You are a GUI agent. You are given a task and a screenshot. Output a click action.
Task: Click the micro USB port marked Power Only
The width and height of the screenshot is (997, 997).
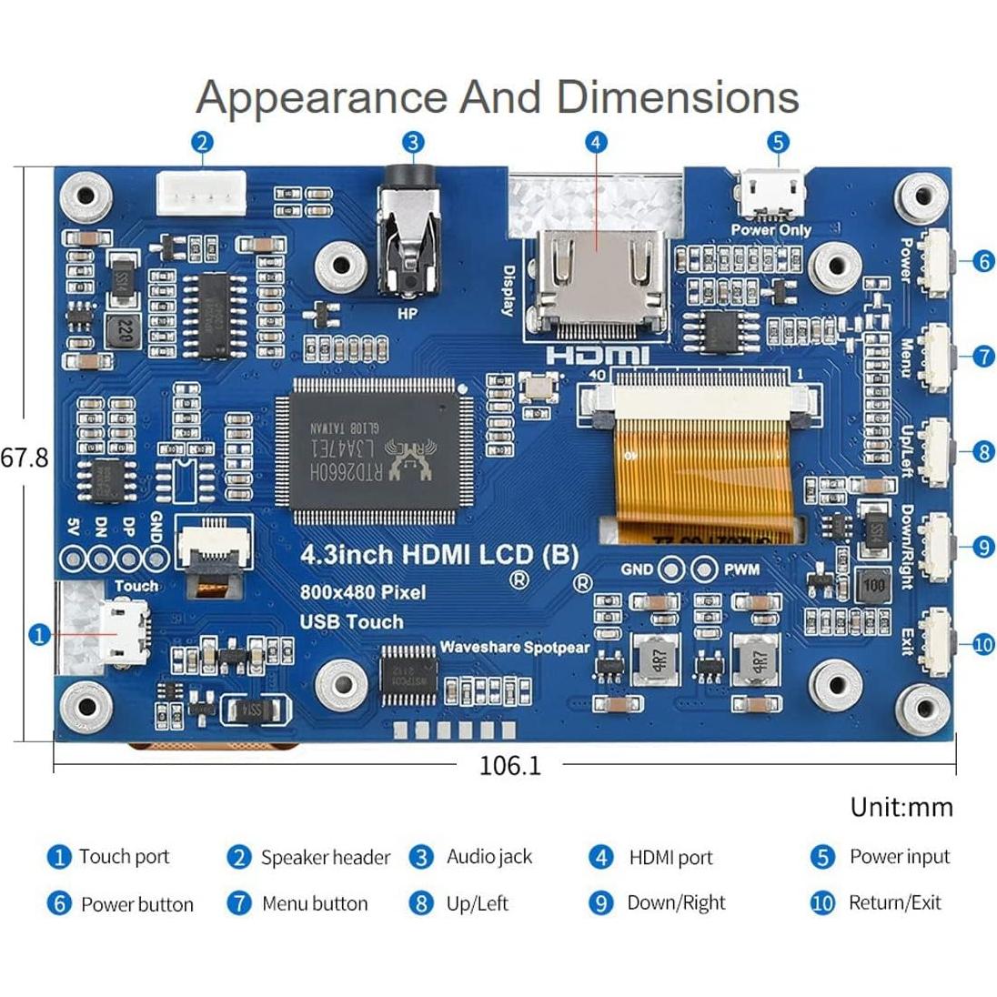pyautogui.click(x=772, y=195)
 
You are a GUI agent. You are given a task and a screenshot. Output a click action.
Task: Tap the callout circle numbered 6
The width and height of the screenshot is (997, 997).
pyautogui.click(x=983, y=262)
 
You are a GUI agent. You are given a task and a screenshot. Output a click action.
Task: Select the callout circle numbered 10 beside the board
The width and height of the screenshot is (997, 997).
pyautogui.click(x=983, y=645)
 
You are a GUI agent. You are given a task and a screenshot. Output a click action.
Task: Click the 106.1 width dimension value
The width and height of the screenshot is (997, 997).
pyautogui.click(x=509, y=766)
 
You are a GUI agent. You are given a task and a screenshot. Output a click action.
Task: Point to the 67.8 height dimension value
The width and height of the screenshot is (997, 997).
pyautogui.click(x=25, y=457)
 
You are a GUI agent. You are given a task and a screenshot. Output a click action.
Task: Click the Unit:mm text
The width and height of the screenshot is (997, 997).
pyautogui.click(x=901, y=808)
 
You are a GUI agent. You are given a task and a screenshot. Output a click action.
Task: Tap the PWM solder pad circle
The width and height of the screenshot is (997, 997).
pyautogui.click(x=703, y=570)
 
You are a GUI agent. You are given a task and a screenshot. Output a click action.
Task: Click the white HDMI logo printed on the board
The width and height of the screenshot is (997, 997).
pyautogui.click(x=598, y=356)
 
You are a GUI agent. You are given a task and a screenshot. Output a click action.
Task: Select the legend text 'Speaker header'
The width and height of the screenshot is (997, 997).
pyautogui.click(x=325, y=858)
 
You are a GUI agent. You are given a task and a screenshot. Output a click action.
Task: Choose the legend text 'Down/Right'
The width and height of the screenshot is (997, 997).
pyautogui.click(x=676, y=903)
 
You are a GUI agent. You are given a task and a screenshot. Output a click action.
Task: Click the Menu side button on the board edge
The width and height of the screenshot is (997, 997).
pyautogui.click(x=937, y=357)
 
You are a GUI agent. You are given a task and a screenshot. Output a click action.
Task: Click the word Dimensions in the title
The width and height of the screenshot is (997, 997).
pyautogui.click(x=678, y=97)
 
